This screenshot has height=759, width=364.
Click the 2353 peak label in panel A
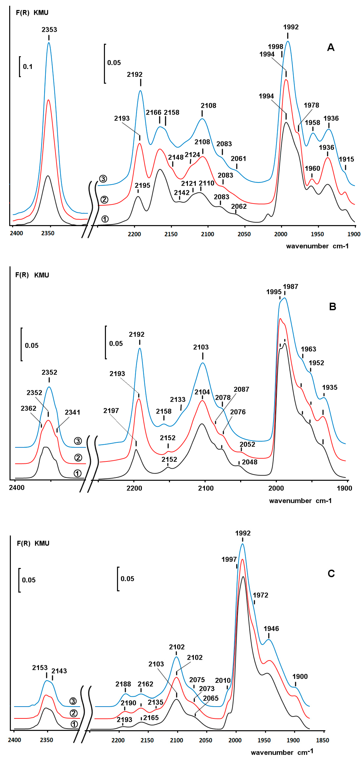(49, 29)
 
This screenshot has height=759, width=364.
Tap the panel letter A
(331, 47)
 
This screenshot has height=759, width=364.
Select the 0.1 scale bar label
(28, 67)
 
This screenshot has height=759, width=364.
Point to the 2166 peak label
(153, 112)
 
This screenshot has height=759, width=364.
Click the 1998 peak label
(275, 46)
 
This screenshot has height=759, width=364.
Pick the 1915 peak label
(346, 159)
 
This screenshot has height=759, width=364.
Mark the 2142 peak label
(182, 193)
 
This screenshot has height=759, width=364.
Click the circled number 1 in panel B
(77, 473)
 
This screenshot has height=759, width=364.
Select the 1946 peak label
(271, 629)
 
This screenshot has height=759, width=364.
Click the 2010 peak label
(223, 681)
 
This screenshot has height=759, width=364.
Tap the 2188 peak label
(123, 684)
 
